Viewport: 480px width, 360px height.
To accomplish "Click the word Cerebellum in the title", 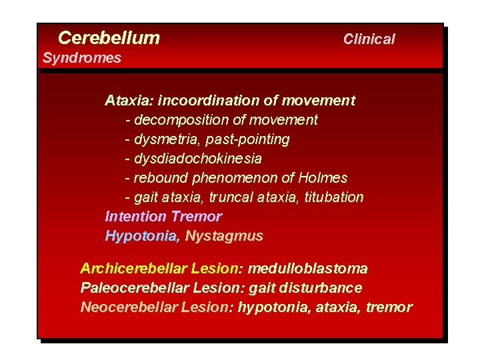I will tap(109, 37).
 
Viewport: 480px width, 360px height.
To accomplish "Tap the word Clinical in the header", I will tap(369, 39).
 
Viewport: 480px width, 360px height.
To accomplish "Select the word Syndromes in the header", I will tap(81, 58).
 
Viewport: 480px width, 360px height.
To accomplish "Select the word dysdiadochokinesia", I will tap(197, 159).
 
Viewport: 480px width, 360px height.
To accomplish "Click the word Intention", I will tap(135, 217).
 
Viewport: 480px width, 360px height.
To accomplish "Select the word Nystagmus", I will tap(224, 236).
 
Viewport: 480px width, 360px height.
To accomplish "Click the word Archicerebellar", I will tap(133, 269).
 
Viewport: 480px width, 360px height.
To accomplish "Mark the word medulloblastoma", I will tap(307, 269).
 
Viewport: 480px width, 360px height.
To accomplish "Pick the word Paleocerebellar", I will tap(133, 288).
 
